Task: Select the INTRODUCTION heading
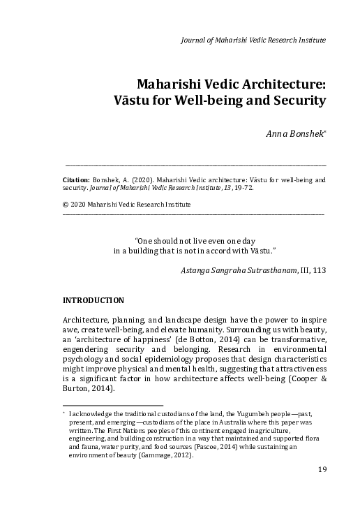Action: pyautogui.click(x=93, y=301)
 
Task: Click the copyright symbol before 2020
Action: pyautogui.click(x=66, y=204)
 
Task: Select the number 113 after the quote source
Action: pyautogui.click(x=317, y=268)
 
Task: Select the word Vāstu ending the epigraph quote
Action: pyautogui.click(x=265, y=249)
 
